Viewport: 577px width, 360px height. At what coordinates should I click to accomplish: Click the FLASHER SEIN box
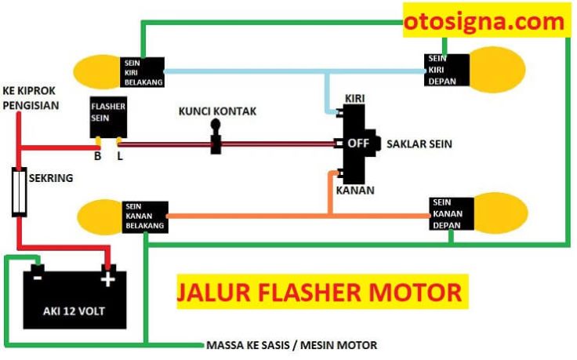(x=108, y=117)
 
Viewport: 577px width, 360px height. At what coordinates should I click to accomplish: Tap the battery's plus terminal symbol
(x=108, y=279)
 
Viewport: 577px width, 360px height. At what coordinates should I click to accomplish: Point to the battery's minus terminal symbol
(x=38, y=277)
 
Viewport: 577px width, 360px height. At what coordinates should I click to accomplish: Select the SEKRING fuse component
(x=19, y=192)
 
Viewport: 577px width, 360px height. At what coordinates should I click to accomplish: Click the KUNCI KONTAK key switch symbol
(x=216, y=136)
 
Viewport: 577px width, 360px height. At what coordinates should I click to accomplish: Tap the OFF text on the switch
(x=358, y=144)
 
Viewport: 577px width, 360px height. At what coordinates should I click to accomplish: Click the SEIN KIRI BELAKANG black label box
(x=143, y=72)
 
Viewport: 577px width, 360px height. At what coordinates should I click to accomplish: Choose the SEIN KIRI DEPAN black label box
(x=447, y=70)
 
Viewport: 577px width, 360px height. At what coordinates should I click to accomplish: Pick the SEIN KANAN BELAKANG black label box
(x=145, y=216)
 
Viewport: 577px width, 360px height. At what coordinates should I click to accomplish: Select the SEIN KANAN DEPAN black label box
(x=452, y=214)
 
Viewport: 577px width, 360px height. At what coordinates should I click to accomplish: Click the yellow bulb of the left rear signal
(x=97, y=72)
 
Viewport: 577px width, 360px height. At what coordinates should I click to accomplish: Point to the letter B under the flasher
(x=97, y=156)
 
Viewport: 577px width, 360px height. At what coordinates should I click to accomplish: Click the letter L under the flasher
(x=120, y=156)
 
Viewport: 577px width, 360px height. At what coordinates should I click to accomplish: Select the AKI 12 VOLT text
(x=74, y=311)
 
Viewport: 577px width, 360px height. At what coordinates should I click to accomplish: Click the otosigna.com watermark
(x=484, y=21)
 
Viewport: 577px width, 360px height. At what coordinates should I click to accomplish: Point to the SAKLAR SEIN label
(x=419, y=144)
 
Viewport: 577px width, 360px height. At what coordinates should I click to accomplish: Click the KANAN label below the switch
(x=355, y=191)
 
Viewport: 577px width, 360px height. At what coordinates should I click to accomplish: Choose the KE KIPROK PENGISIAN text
(x=31, y=98)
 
